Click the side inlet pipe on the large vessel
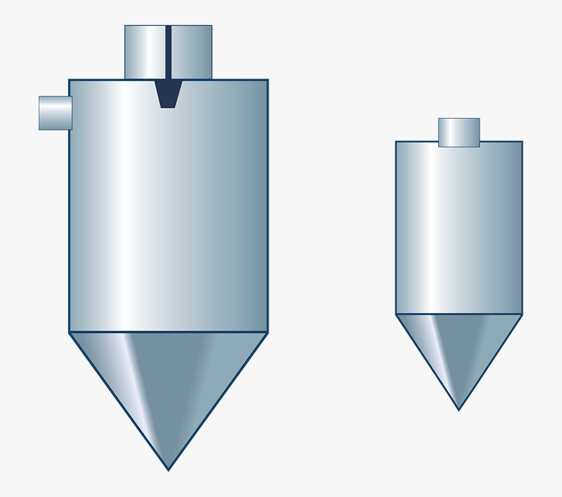point(55,113)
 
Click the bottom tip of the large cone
point(168,469)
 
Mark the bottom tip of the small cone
point(458,409)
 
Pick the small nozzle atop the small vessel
point(459,132)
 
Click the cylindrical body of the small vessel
point(459,228)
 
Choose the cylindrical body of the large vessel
point(169,212)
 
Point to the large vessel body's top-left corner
point(69,80)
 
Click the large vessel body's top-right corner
point(268,80)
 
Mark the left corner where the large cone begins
point(69,332)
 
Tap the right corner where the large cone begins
point(268,332)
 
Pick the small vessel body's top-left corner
point(396,142)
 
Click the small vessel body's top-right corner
point(522,142)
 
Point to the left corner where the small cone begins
point(396,314)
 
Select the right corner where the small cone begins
point(522,314)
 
